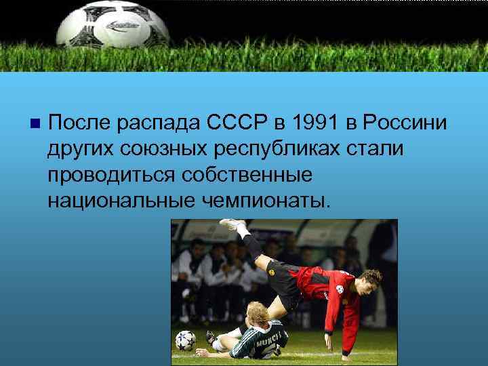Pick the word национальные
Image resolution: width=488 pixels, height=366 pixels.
click(x=121, y=200)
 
